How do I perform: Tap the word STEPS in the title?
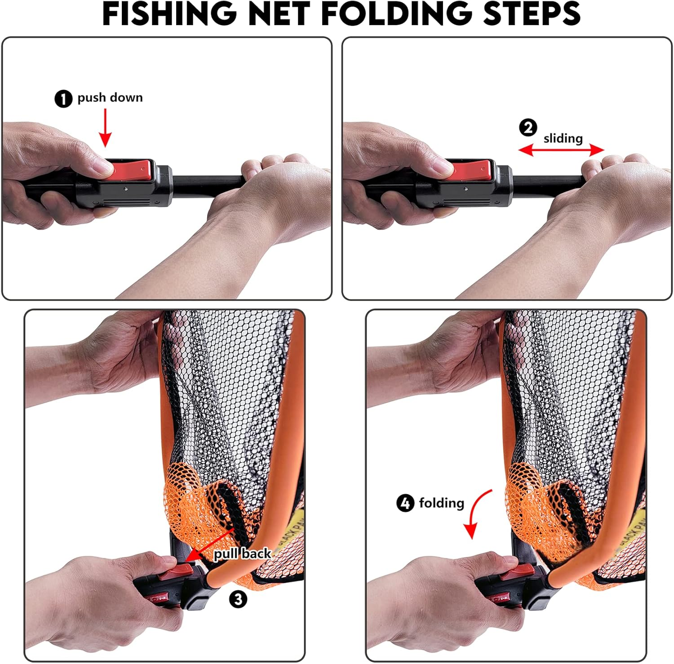click(532, 14)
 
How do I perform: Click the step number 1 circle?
click(63, 98)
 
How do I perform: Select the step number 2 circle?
click(528, 128)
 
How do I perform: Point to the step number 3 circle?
click(238, 599)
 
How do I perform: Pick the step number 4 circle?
click(405, 503)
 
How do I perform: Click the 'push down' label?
click(110, 98)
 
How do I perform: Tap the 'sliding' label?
click(563, 138)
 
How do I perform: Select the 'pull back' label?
click(242, 553)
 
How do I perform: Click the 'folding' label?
click(441, 503)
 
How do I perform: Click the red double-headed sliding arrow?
click(561, 150)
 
